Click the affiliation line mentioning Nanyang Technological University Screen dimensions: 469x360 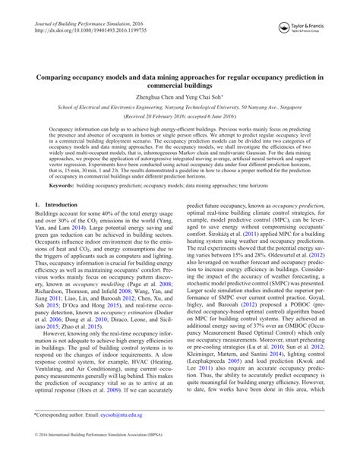click(179, 109)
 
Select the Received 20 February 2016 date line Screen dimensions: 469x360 click(179, 119)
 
